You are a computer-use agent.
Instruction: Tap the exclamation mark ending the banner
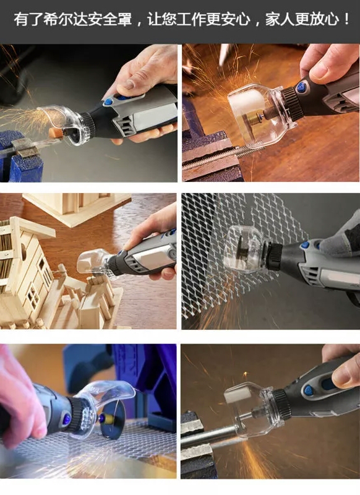point(347,20)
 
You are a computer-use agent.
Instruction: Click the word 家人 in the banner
point(278,20)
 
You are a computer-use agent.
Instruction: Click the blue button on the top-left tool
point(108,102)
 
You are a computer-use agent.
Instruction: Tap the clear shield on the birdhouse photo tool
point(92,264)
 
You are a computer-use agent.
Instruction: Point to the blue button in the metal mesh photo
point(305,245)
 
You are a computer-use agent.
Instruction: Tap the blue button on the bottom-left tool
point(67,420)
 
